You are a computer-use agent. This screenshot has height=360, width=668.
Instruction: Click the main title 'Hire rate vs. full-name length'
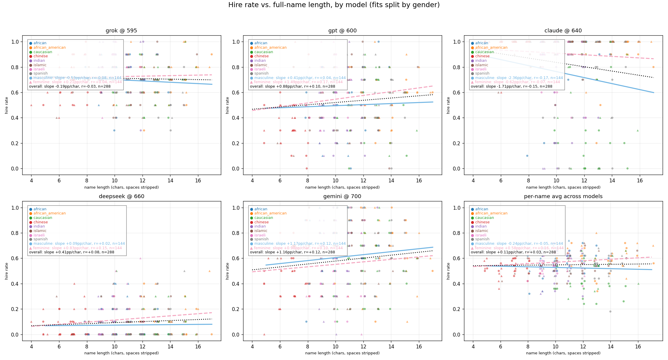tap(334, 5)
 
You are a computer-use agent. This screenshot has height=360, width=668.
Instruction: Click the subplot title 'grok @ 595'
tap(121, 31)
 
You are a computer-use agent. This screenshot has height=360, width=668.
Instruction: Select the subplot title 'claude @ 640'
tap(563, 31)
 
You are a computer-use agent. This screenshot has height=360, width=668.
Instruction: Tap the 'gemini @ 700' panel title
tap(342, 196)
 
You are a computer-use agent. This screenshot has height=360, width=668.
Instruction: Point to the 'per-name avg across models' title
tap(563, 196)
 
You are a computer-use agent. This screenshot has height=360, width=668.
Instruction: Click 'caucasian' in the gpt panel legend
tap(263, 52)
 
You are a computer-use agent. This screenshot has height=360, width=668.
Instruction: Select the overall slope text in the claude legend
tap(511, 86)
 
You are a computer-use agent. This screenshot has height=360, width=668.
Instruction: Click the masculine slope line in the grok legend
tap(77, 78)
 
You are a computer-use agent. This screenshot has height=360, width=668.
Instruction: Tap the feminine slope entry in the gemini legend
tap(298, 248)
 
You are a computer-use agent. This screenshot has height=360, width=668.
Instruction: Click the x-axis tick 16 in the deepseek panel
tap(198, 347)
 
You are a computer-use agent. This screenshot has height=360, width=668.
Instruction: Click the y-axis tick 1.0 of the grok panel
tap(15, 42)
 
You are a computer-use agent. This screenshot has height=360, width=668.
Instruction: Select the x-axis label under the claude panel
tap(563, 187)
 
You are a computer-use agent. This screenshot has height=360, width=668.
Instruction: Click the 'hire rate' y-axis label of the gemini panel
tap(227, 271)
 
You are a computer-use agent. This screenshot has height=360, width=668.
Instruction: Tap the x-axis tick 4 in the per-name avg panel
tap(473, 347)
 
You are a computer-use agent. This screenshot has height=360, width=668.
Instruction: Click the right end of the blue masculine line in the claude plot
tap(653, 92)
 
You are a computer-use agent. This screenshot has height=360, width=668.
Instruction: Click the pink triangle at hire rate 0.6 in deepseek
tap(140, 258)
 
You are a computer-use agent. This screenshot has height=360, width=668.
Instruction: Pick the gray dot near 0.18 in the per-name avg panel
tap(610, 312)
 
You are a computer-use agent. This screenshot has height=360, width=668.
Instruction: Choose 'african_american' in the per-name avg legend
tap(491, 213)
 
